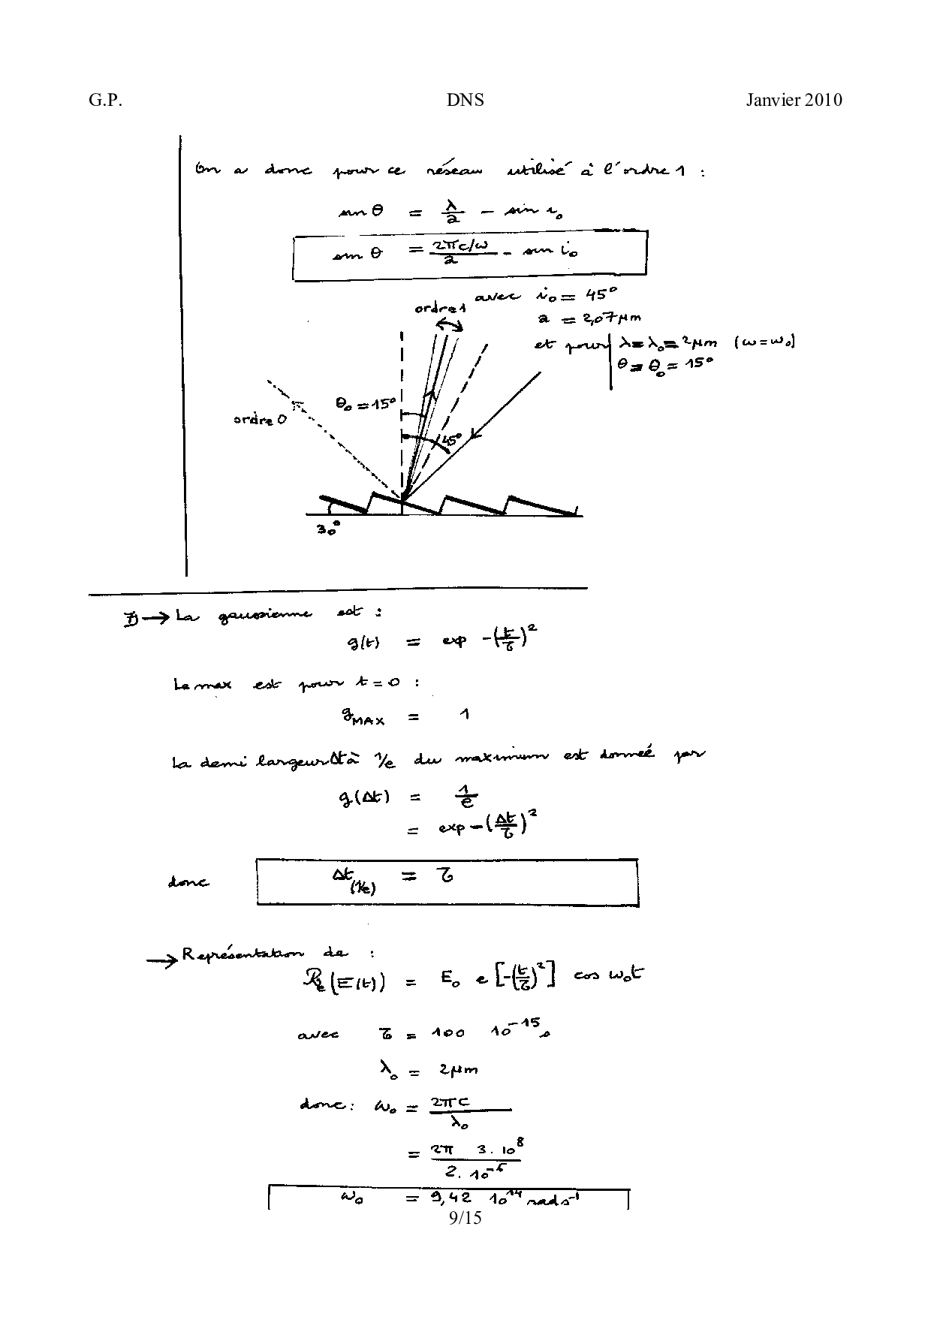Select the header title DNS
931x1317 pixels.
pos(465,101)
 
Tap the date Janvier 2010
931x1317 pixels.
pos(794,101)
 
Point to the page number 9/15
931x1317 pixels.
pos(465,1217)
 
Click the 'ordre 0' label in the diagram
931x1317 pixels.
pos(259,420)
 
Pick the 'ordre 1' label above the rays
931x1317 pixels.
pos(440,309)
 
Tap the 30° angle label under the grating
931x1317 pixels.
pos(327,529)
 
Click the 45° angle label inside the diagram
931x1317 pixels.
pos(450,441)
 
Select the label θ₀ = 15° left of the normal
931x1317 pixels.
pos(365,404)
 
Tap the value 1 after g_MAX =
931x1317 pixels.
pos(465,714)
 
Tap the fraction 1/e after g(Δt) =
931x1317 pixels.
pos(469,797)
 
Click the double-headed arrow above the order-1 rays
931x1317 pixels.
pos(450,324)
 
